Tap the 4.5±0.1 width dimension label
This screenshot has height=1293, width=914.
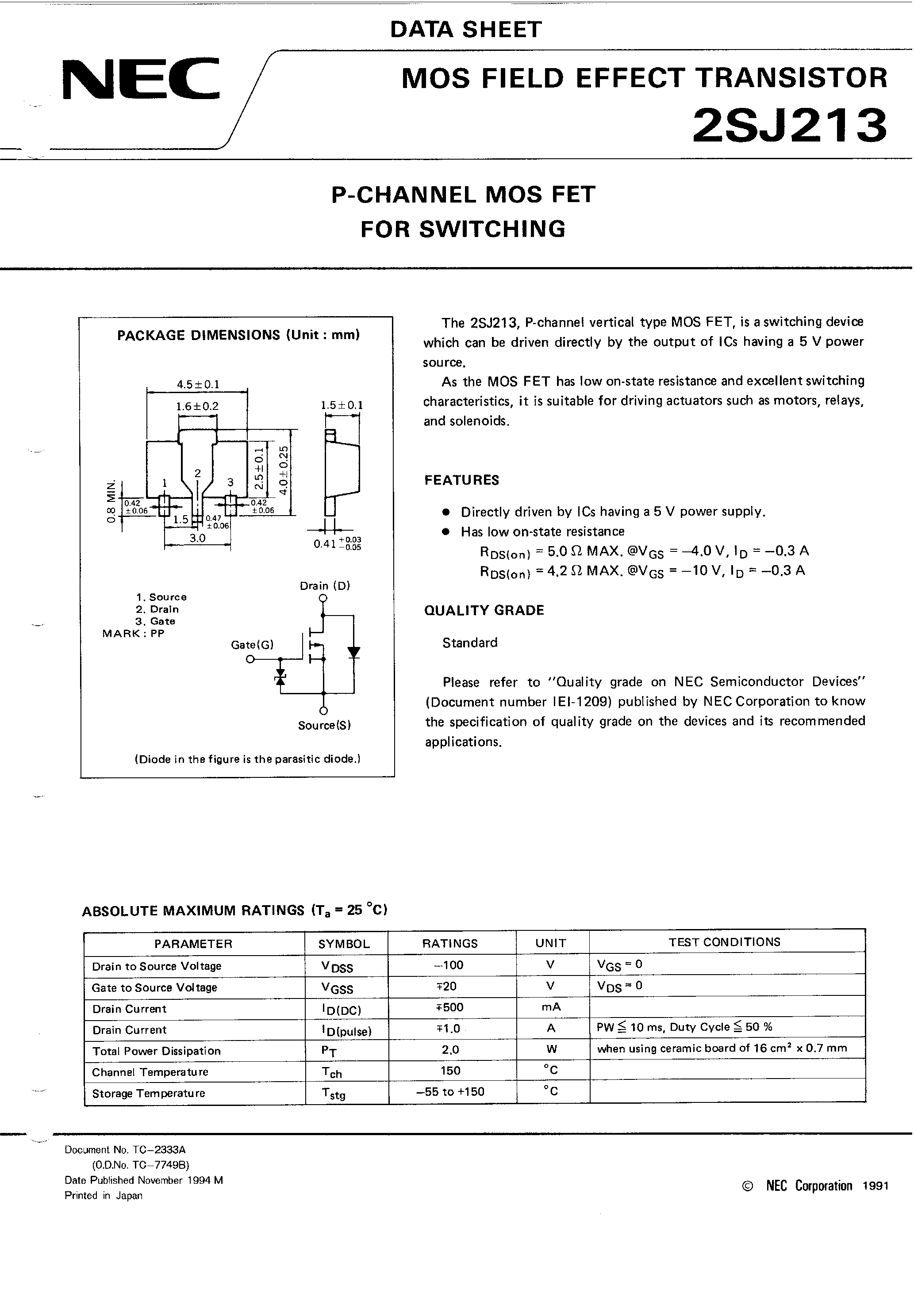coord(198,385)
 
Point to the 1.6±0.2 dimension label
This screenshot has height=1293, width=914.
coord(197,406)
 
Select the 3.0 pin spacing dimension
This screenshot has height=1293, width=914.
coord(197,538)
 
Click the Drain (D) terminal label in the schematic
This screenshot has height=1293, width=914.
coord(325,585)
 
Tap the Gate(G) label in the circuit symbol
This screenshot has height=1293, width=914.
coord(252,645)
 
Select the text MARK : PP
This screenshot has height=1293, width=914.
coord(133,634)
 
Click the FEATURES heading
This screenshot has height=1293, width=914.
coord(461,480)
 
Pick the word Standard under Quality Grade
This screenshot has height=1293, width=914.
coord(469,643)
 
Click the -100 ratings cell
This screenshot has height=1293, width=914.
coord(449,965)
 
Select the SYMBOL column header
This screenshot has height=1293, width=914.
coord(344,944)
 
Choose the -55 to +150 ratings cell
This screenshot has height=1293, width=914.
coord(450,1091)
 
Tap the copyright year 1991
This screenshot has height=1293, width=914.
coord(875,1186)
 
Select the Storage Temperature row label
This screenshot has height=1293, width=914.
coord(148,1093)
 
